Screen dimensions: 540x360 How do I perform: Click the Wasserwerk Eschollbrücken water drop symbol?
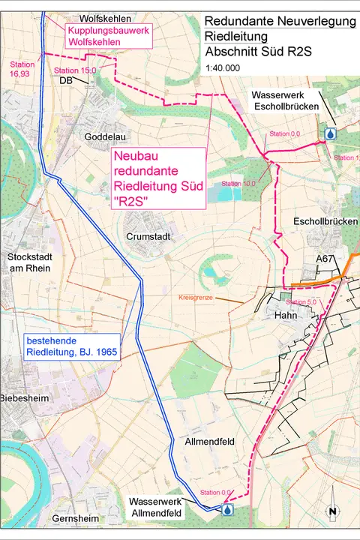point(330,133)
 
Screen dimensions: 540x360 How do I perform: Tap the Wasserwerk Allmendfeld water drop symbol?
point(228,509)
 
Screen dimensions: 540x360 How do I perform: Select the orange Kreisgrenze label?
point(196,298)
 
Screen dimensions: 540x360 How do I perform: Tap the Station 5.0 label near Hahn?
point(302,301)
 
